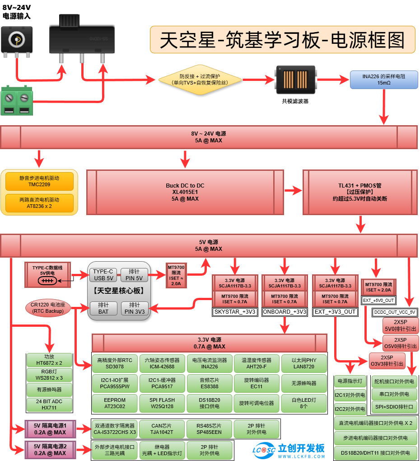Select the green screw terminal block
pos(17,100)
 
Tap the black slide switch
pos(83,38)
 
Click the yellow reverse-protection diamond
pos(199,80)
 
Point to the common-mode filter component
pos(295,80)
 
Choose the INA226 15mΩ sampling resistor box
pos(383,80)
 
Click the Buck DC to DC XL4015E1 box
pos(185,192)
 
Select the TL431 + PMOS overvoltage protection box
pos(359,192)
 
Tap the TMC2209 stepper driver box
pos(39,181)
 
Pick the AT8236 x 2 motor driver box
pos(39,202)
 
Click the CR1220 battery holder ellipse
pos(47,308)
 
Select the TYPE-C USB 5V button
pos(103,275)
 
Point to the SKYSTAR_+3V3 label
pos(235,312)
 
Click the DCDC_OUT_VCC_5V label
pos(394,312)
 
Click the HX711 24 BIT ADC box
pos(49,405)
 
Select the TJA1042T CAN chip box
pos(162,429)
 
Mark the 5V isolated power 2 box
pos(50,450)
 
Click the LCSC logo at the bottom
pos(264,450)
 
